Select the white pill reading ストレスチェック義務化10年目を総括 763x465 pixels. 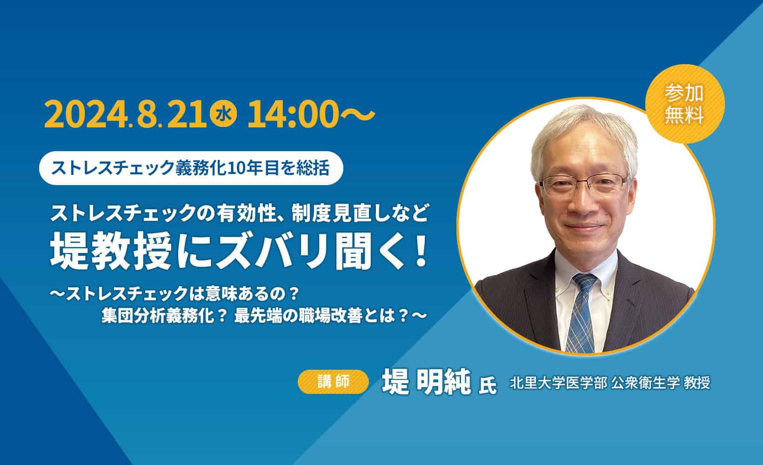(192, 168)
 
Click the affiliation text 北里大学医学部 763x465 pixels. (558, 383)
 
